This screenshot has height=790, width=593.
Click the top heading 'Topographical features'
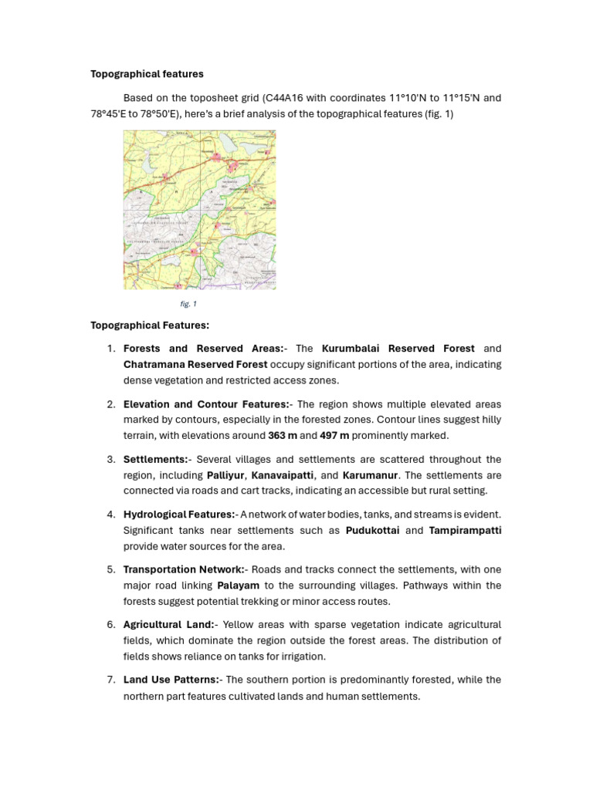pyautogui.click(x=147, y=74)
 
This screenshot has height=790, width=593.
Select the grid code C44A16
pyautogui.click(x=284, y=98)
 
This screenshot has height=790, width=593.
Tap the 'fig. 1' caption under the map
pyautogui.click(x=188, y=304)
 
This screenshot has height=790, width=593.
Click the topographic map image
pyautogui.click(x=199, y=210)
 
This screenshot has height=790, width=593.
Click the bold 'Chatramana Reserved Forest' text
pyautogui.click(x=195, y=364)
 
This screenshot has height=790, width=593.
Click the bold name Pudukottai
pyautogui.click(x=373, y=531)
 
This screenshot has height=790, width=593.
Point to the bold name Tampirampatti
pyautogui.click(x=465, y=531)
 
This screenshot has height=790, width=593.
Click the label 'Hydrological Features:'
pyautogui.click(x=179, y=515)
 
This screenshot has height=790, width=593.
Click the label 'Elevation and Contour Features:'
pyautogui.click(x=206, y=404)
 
